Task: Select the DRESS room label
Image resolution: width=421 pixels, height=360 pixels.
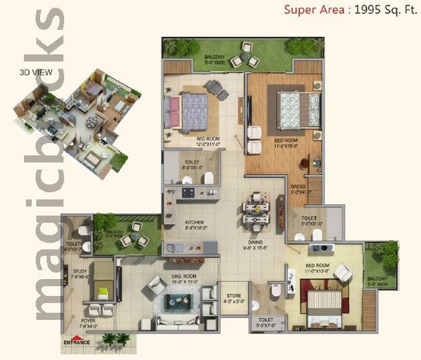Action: (x=300, y=188)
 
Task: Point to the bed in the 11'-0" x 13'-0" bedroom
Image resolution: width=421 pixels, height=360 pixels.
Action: (x=323, y=304)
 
